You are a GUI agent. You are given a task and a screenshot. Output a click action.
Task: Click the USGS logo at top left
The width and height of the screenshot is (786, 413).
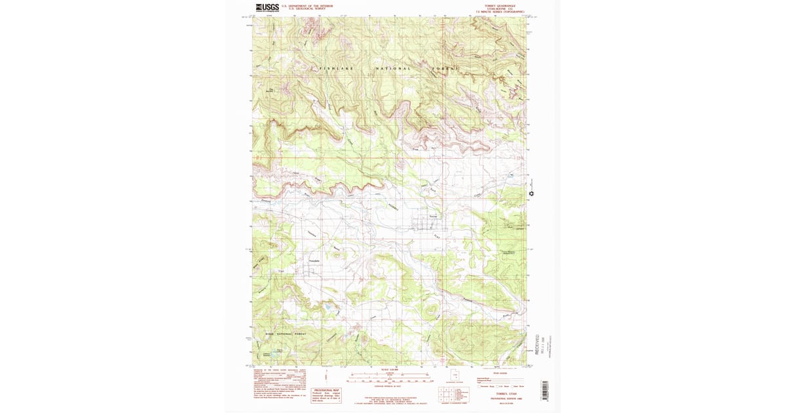[x=267, y=8]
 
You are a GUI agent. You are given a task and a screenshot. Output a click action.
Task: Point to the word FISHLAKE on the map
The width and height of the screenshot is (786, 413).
[x=335, y=68]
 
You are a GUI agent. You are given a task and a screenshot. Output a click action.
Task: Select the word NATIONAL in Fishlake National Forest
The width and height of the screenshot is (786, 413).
[x=393, y=68]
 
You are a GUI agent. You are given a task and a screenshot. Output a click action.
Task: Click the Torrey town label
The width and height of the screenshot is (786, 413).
[x=432, y=216]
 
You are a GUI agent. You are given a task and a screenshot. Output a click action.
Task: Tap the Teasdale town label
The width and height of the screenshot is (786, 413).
[x=314, y=261]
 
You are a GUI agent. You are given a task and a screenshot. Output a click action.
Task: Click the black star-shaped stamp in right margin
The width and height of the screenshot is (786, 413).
[x=532, y=193]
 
